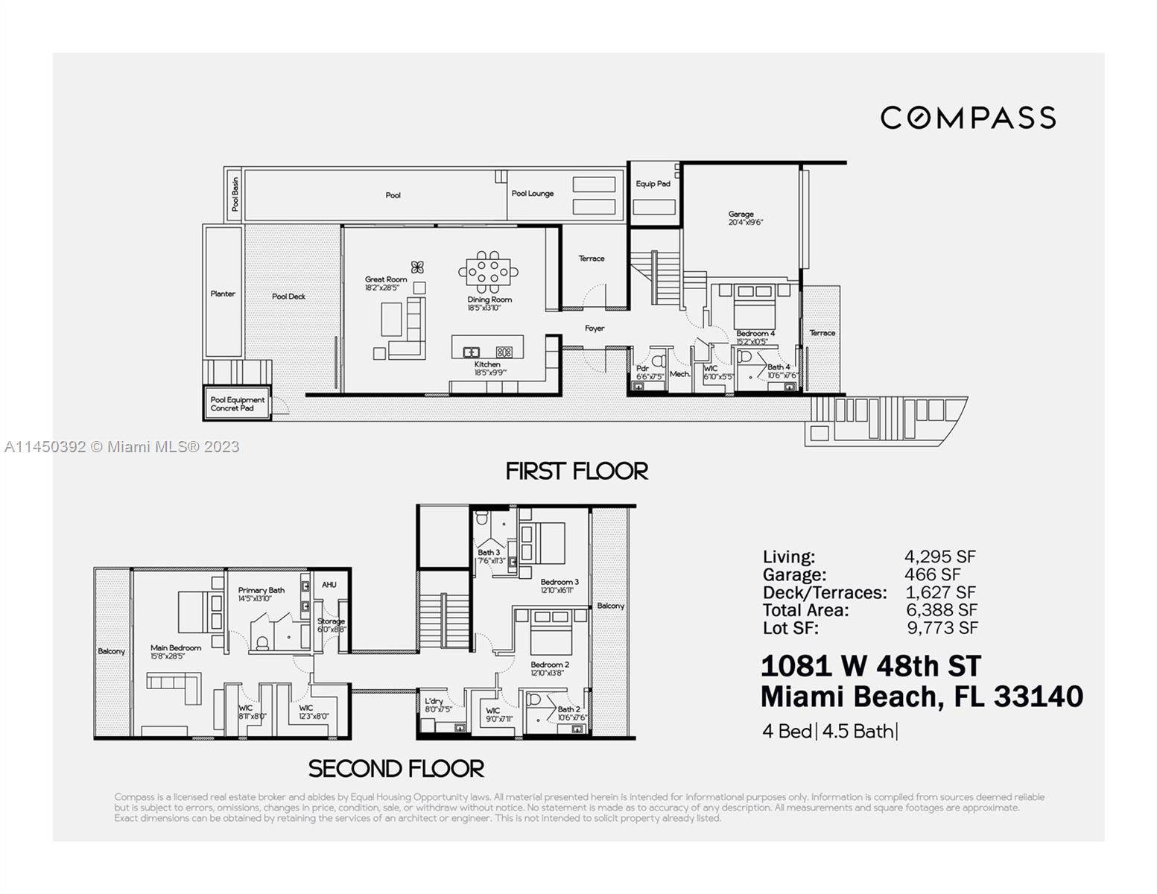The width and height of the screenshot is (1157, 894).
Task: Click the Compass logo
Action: (968, 118)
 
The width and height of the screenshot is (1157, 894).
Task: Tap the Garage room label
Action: (741, 215)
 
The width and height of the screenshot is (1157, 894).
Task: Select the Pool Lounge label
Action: (532, 194)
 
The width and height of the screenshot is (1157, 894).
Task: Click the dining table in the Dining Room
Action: (488, 272)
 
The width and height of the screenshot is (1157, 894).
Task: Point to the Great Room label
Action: (386, 280)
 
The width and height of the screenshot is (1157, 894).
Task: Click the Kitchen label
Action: (487, 364)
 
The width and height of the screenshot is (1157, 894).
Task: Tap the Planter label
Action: (223, 294)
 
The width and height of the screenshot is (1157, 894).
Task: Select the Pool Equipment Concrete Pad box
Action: (237, 404)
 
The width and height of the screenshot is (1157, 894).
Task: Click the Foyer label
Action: (595, 329)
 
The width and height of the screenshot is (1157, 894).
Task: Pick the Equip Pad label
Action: (653, 184)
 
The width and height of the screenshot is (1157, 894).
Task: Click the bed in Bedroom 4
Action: (754, 305)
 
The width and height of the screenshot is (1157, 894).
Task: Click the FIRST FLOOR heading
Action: (577, 472)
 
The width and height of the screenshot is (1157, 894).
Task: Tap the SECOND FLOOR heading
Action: (396, 769)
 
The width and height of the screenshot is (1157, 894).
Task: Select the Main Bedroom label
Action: (176, 648)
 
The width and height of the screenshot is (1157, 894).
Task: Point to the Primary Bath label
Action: (261, 590)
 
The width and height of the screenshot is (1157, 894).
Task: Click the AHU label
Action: (329, 585)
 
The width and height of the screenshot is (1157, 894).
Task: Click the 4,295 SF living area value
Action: (939, 557)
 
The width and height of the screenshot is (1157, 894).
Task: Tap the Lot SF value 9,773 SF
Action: (942, 628)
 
